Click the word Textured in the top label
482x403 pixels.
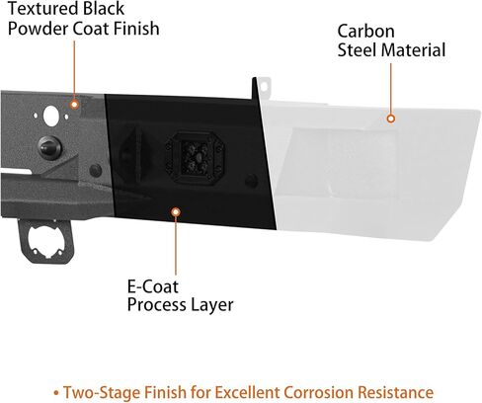pos(43,9)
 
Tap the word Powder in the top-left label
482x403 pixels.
pos(38,29)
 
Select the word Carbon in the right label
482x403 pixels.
pos(365,32)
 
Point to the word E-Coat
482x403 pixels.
pos(153,286)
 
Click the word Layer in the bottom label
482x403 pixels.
pos(212,305)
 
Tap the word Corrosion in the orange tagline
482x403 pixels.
pos(319,392)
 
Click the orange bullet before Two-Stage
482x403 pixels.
pos(56,393)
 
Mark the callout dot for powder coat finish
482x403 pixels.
pos(75,105)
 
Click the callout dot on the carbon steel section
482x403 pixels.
pos(391,119)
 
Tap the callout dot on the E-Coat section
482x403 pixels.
pos(176,212)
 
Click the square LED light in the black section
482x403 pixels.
pos(196,158)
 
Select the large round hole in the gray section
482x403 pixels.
pos(51,116)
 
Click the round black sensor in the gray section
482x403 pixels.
pos(49,147)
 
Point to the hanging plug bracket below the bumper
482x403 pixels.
pos(46,241)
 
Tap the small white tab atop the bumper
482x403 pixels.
pos(264,87)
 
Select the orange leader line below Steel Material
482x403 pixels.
pos(391,89)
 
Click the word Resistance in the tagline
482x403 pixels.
pos(396,392)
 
